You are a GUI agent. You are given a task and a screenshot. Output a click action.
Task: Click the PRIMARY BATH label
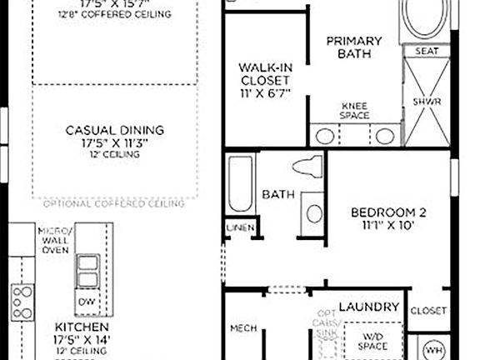click(353, 47)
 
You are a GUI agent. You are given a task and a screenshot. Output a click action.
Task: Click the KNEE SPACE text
click(355, 112)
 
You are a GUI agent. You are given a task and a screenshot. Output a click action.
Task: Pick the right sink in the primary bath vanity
click(383, 136)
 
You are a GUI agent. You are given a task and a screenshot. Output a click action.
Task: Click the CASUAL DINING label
click(115, 136)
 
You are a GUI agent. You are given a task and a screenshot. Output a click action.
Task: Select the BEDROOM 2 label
click(382, 217)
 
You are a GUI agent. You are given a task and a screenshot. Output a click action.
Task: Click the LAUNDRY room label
click(369, 307)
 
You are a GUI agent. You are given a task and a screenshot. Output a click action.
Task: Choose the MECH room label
click(242, 328)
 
